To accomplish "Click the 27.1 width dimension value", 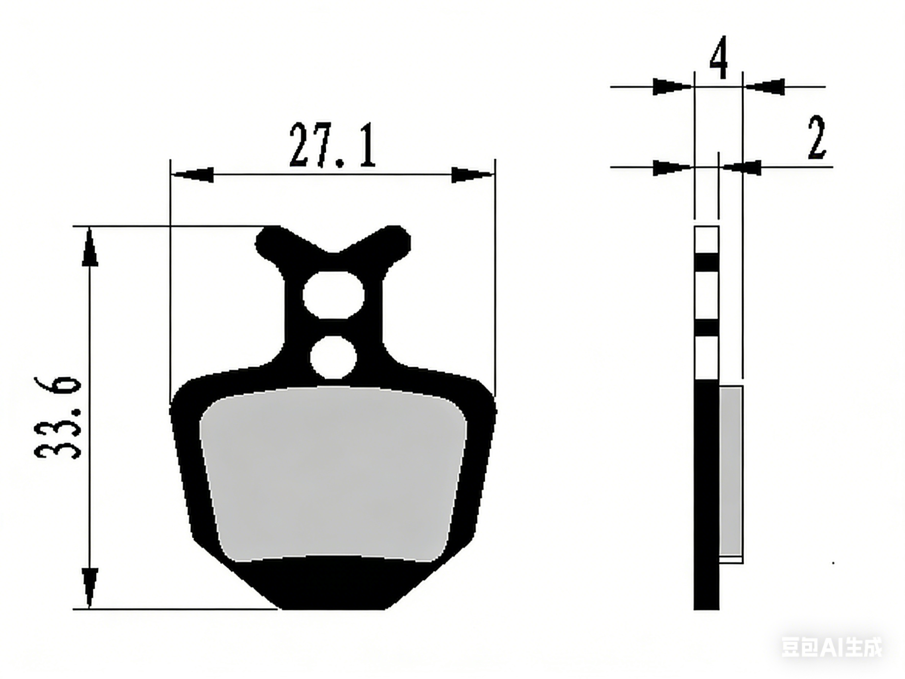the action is coord(332,146).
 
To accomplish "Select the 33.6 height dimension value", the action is coord(58,417).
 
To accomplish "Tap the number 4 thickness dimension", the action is coord(718,57).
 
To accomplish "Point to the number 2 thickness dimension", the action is coord(817,138).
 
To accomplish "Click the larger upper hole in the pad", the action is coord(333,295).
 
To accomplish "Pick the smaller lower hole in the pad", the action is coord(333,357).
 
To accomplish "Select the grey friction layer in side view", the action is coord(731,471).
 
